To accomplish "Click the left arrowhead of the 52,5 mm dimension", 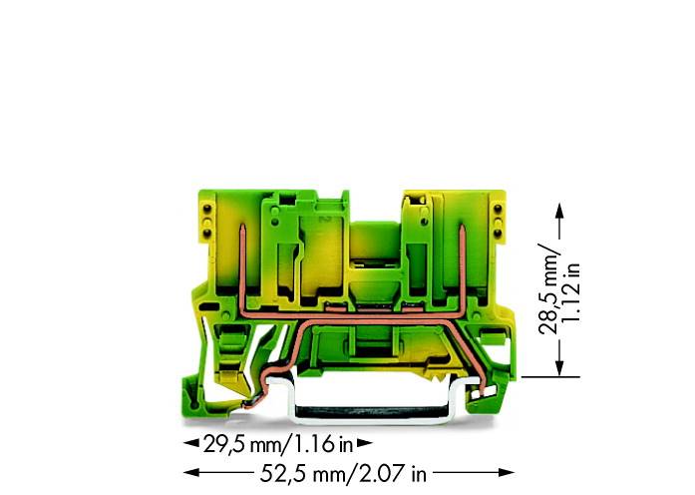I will click(x=185, y=473).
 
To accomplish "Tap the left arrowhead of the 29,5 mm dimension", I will click(x=186, y=443).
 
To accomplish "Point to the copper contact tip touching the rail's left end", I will click(x=254, y=402).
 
